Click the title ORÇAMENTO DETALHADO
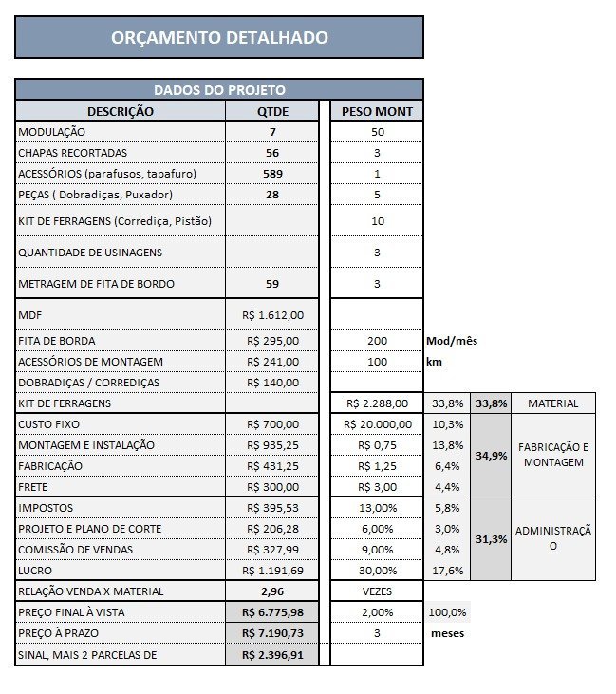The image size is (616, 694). pos(219,38)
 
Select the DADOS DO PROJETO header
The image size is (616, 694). pos(219,90)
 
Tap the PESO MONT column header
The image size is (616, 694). pos(377,111)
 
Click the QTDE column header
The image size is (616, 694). pos(271,111)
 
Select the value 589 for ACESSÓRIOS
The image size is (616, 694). pos(271,174)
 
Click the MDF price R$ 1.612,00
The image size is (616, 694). pos(272,314)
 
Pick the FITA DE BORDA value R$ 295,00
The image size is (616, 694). pos(272,341)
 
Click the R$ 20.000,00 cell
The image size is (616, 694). pos(378,424)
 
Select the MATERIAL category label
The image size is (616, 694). pos(552,403)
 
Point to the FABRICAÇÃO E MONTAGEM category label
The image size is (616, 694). pos(552,455)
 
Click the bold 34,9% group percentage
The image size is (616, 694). pos(491,456)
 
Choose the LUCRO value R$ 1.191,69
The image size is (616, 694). pos(272,571)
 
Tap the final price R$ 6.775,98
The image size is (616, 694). pos(272,612)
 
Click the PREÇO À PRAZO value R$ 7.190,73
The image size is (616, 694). pos(272,633)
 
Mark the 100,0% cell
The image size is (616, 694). pos(447,612)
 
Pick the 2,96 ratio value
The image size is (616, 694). pos(272,591)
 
